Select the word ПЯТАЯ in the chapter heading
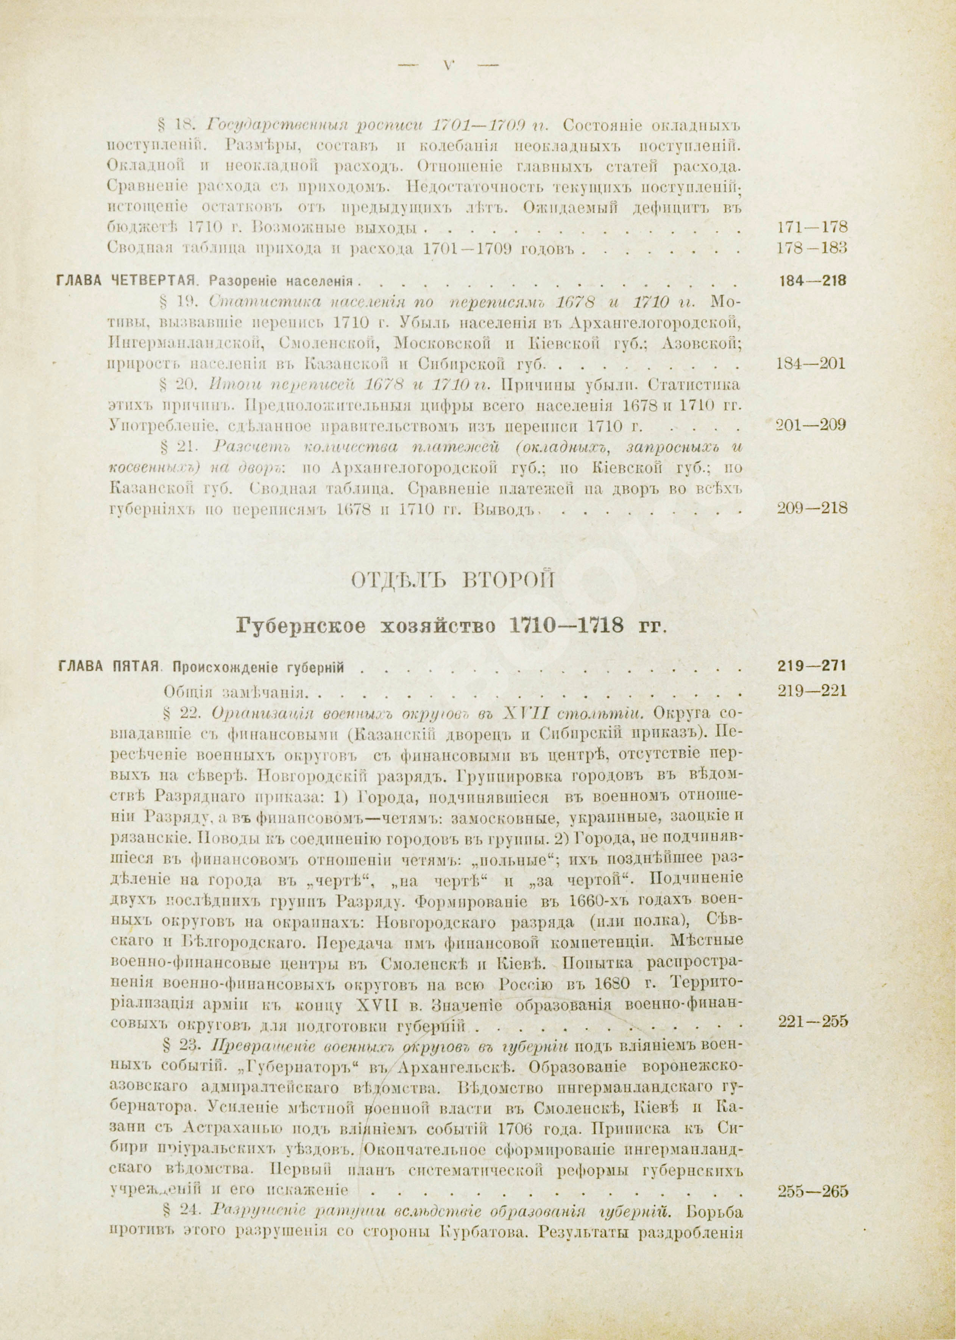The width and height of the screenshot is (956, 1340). [x=137, y=666]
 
